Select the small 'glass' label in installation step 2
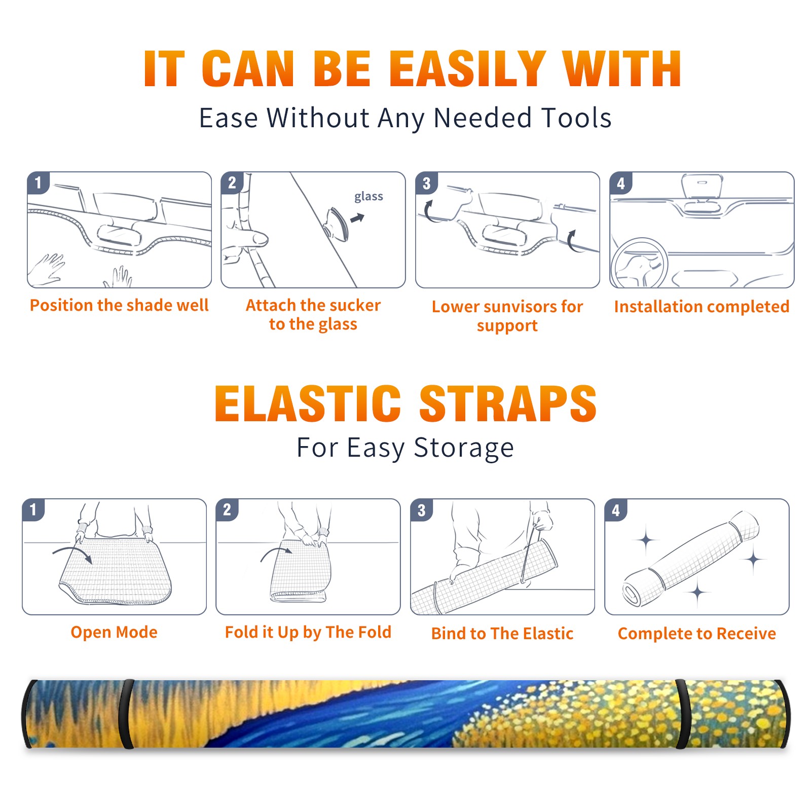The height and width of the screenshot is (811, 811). tap(368, 197)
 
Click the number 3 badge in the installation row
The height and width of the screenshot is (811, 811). tap(426, 183)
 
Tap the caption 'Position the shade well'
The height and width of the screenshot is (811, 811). tap(119, 305)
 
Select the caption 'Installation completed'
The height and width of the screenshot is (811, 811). tap(702, 306)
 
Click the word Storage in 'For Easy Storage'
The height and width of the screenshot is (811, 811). tap(464, 448)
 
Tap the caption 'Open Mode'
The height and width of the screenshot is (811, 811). tap(114, 632)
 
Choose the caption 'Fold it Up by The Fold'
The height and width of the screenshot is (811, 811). tap(308, 632)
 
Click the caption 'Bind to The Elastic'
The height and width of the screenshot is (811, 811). tap(502, 634)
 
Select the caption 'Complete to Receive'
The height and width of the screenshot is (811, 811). tap(697, 634)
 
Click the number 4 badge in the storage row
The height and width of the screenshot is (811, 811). tap(616, 510)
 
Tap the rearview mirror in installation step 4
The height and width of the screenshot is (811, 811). tap(702, 186)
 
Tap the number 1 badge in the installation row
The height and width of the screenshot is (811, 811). tap(38, 182)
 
